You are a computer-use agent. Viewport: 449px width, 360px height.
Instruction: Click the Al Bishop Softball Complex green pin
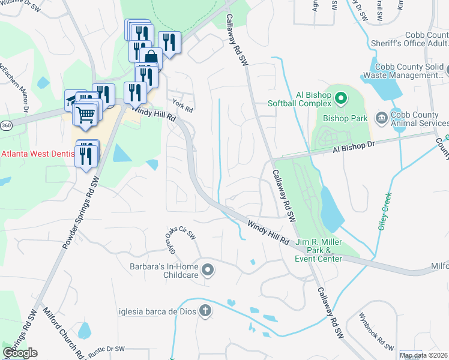coord(341,96)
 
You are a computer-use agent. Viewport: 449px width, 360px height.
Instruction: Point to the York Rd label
coord(182,105)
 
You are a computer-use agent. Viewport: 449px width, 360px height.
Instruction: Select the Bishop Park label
coord(345,118)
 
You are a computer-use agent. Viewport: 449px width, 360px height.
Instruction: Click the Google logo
coord(20,353)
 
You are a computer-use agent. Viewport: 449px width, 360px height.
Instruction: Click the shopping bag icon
coord(151,58)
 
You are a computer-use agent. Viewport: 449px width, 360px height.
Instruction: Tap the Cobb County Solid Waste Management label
coord(410,71)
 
